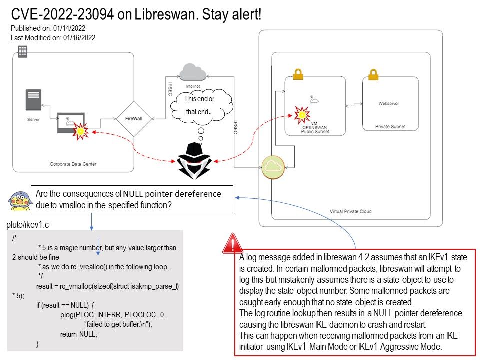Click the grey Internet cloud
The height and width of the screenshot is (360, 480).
(x=193, y=73)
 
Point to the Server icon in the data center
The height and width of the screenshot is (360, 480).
(x=34, y=100)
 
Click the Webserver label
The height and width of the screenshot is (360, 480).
(x=389, y=104)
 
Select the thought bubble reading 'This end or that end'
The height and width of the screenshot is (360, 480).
(x=201, y=105)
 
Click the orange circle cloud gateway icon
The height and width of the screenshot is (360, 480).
(x=273, y=167)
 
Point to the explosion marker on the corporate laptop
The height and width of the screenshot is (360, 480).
(x=80, y=131)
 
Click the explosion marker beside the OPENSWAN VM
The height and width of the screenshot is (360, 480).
(x=301, y=115)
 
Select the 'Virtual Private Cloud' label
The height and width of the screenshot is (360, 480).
(x=351, y=211)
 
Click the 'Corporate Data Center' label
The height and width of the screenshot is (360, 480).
(x=73, y=164)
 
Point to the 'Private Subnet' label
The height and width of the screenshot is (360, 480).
(x=390, y=127)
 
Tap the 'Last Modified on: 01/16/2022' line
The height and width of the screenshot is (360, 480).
(x=53, y=37)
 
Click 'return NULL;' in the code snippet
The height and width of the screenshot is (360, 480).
(x=79, y=333)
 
